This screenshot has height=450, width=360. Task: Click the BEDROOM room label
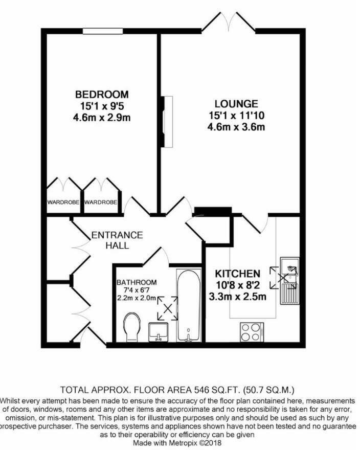pos(102,95)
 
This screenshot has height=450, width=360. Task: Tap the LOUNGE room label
pos(236,104)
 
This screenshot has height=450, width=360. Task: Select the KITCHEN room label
pos(237,274)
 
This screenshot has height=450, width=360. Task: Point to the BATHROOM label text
pos(137,282)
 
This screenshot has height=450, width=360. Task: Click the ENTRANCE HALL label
pos(117,240)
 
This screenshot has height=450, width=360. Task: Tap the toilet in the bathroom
pos(133,327)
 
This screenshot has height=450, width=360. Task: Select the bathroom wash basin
pos(159,332)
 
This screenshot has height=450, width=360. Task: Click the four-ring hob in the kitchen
pos(251,333)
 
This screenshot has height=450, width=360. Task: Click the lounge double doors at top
pos(229,23)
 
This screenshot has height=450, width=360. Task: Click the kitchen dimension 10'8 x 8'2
pos(237,285)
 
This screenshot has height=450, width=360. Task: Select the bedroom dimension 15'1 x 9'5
pos(102,106)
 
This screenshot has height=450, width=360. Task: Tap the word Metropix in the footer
pos(187,443)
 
